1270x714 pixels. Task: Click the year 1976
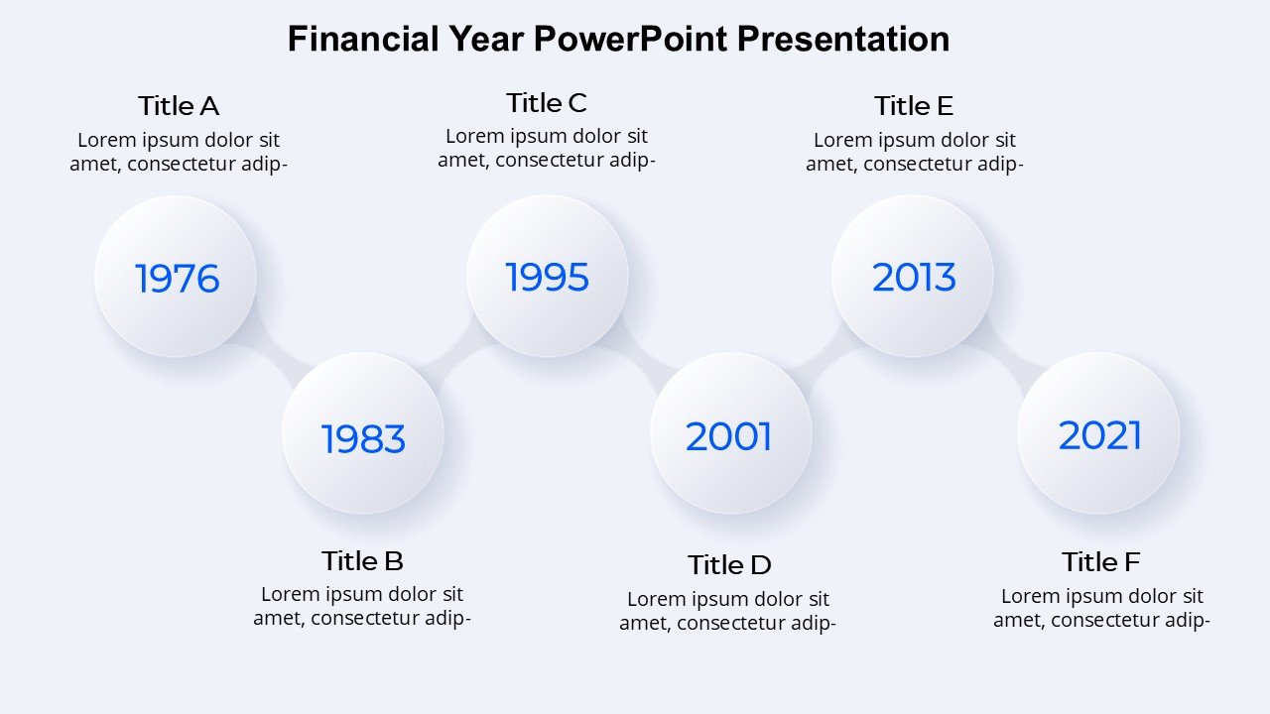[x=177, y=279]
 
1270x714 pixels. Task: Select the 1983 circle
[x=363, y=433]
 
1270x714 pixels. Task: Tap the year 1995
[x=547, y=277]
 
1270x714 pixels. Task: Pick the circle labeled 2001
[x=731, y=433]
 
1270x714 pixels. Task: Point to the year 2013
[x=914, y=277]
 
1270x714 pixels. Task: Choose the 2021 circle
[x=1098, y=433]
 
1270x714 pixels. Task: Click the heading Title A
[x=179, y=106]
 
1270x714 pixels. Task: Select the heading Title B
[x=362, y=561]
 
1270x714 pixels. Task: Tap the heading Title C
[x=547, y=103]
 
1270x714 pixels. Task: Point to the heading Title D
[x=729, y=565]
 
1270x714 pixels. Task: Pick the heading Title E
[x=914, y=106]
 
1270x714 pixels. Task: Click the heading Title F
[x=1100, y=562]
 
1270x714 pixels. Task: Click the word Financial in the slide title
[x=363, y=39]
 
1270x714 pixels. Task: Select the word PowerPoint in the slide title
[x=630, y=39]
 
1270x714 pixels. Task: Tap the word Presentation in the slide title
[x=843, y=40]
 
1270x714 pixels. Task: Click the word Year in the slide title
[x=486, y=39]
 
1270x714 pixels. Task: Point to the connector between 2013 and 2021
[x=1012, y=350]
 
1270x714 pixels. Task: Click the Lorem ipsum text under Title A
[x=179, y=152]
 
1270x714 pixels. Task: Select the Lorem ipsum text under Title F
[x=1101, y=608]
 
